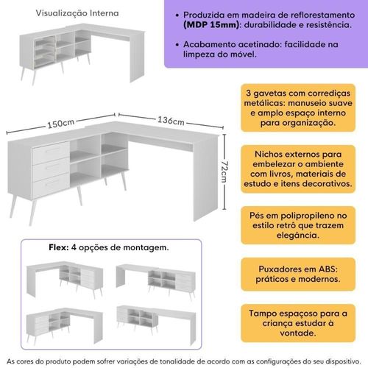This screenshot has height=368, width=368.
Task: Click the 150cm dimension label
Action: pos(61,124)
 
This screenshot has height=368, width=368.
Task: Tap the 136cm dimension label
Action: pos(171,121)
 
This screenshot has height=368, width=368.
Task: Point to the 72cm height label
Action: pos(224,171)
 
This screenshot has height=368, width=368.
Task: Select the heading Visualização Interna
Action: pos(77,13)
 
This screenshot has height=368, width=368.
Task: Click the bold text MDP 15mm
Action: pos(211,25)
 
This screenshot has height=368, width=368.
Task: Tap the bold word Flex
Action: pos(59,247)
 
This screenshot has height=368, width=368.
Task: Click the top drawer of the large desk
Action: pos(51,151)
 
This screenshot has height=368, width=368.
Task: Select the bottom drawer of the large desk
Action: pos(51,185)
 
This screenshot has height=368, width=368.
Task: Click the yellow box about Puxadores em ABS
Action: pos(298,274)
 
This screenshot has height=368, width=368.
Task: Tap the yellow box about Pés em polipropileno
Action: pos(298,225)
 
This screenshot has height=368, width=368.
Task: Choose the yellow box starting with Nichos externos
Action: pos(298,169)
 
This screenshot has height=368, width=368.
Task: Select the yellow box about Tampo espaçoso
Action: pos(298,323)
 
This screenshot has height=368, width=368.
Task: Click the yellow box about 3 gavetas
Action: pos(298,107)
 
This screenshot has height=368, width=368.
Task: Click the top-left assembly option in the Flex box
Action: pos(65,280)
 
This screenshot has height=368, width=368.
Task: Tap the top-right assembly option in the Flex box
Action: pos(156,282)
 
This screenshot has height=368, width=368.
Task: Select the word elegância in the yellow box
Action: pos(298,236)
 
